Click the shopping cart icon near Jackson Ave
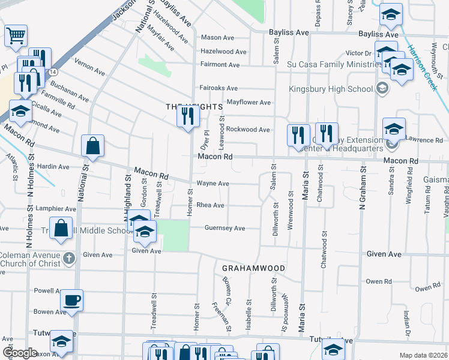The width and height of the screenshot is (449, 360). tap(16, 35)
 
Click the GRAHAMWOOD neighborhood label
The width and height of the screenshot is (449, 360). tap(253, 268)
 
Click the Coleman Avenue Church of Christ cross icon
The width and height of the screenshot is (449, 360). tap(69, 259)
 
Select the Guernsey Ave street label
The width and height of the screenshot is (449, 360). tap(224, 228)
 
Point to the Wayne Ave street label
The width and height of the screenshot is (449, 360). tap(212, 184)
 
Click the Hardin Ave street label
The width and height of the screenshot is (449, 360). tap(53, 166)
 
